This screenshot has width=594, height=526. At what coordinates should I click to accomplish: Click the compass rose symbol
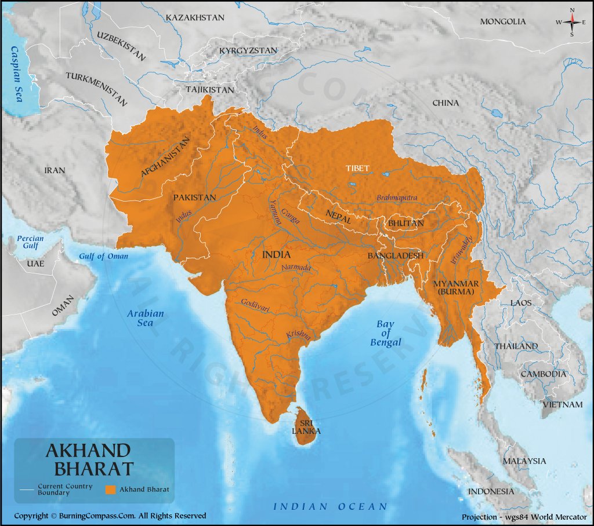pyautogui.click(x=572, y=21)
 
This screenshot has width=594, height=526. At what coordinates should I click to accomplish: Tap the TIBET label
pyautogui.click(x=357, y=168)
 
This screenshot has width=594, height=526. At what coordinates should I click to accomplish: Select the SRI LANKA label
pyautogui.click(x=306, y=427)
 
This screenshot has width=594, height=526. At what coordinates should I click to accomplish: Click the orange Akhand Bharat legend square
pyautogui.click(x=110, y=490)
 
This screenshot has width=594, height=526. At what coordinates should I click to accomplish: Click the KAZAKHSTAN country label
pyautogui.click(x=195, y=18)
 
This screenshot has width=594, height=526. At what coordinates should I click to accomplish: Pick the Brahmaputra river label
pyautogui.click(x=397, y=198)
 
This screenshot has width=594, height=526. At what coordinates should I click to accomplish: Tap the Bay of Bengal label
pyautogui.click(x=385, y=333)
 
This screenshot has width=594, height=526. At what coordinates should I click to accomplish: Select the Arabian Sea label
pyautogui.click(x=146, y=318)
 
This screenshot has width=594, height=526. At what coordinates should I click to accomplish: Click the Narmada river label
pyautogui.click(x=296, y=268)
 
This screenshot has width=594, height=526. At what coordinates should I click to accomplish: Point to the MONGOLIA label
pyautogui.click(x=503, y=21)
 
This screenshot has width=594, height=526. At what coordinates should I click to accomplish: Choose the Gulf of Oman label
pyautogui.click(x=104, y=257)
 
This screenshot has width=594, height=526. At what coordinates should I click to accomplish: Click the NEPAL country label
pyautogui.click(x=338, y=213)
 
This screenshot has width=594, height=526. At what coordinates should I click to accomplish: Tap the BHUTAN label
pyautogui.click(x=406, y=223)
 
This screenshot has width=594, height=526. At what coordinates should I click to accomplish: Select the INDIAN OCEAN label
pyautogui.click(x=330, y=506)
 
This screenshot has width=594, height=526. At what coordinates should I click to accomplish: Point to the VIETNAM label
pyautogui.click(x=563, y=404)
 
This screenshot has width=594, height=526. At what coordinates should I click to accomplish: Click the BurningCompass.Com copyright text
pyautogui.click(x=110, y=516)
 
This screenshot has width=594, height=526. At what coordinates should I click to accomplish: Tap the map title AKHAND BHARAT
pyautogui.click(x=89, y=459)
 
